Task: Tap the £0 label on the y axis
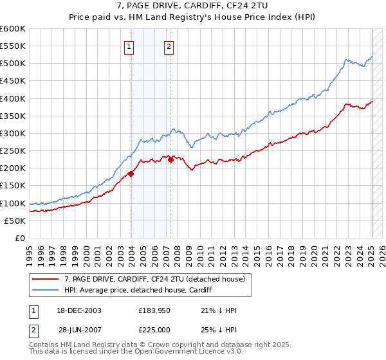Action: coord(21,238)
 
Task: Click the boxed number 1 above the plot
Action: coord(129,46)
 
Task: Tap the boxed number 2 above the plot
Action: coord(169,46)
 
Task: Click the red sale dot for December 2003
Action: coord(131,174)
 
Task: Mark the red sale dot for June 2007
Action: coord(170,159)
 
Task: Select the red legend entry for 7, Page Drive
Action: coord(154,279)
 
